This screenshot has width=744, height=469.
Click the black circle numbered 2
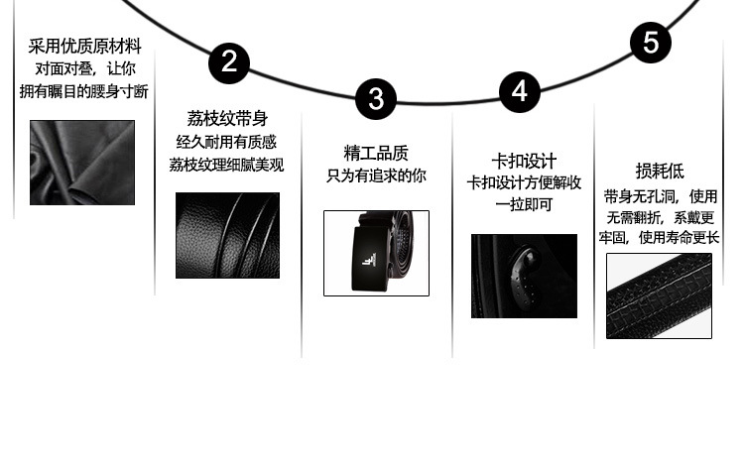click(x=229, y=63)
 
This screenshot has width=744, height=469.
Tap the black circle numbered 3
click(x=375, y=99)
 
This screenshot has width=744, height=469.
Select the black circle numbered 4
click(x=519, y=91)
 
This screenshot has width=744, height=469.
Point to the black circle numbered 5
click(x=651, y=43)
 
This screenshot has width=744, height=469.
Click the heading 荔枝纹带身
click(x=227, y=119)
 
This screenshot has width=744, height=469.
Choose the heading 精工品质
click(x=376, y=153)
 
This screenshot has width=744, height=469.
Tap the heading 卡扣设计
click(x=524, y=161)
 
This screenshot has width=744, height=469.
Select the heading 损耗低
click(x=660, y=172)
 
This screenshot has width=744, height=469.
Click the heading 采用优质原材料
click(x=84, y=47)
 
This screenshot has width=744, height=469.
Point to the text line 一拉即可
click(x=524, y=204)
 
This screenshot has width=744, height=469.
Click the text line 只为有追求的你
click(x=376, y=176)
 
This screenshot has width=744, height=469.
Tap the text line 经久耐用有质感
click(x=227, y=142)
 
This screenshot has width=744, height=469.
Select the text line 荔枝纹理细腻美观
click(x=227, y=165)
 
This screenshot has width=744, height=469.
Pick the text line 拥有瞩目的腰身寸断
click(x=84, y=91)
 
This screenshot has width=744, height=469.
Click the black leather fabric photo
click(x=81, y=163)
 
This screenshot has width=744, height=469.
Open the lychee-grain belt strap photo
click(x=227, y=235)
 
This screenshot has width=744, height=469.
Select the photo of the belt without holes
click(x=659, y=295)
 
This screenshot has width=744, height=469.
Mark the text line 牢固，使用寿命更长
click(x=659, y=237)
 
